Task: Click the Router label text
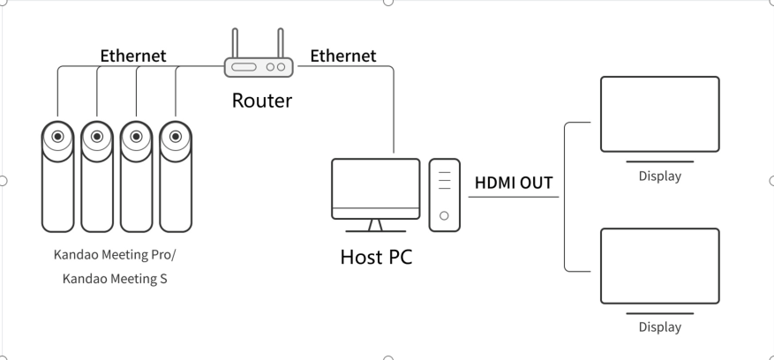pyautogui.click(x=261, y=100)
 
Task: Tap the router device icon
pyautogui.click(x=258, y=67)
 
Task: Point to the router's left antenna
pyautogui.click(x=235, y=42)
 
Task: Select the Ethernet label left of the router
pyautogui.click(x=132, y=56)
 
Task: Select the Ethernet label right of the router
pyautogui.click(x=342, y=56)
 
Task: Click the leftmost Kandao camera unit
pyautogui.click(x=57, y=176)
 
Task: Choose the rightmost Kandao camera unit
pyautogui.click(x=177, y=176)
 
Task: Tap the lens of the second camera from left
pyautogui.click(x=97, y=137)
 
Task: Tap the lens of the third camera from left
pyautogui.click(x=137, y=137)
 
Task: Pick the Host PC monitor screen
pyautogui.click(x=375, y=184)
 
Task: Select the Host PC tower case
pyautogui.click(x=444, y=194)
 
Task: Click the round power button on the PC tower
pyautogui.click(x=444, y=215)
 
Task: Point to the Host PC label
pyautogui.click(x=376, y=258)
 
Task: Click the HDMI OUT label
pyautogui.click(x=514, y=184)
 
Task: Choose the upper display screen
pyautogui.click(x=659, y=114)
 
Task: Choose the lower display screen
pyautogui.click(x=659, y=266)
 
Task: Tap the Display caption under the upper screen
pyautogui.click(x=659, y=176)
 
